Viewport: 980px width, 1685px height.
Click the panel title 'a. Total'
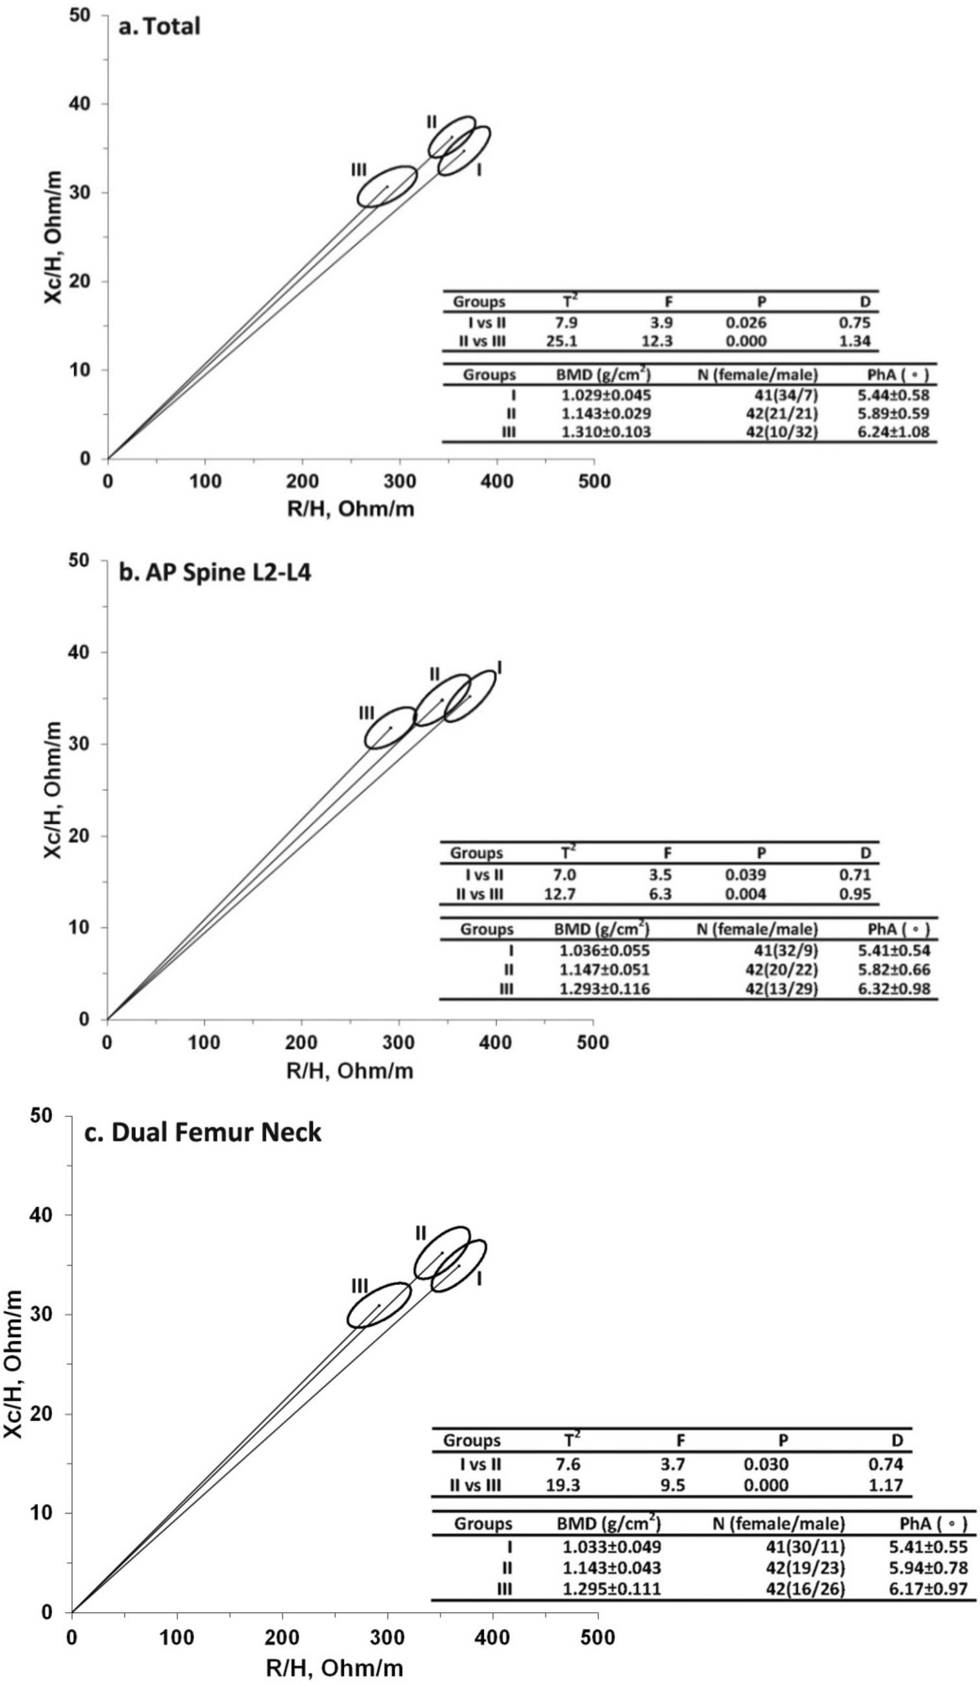(x=158, y=27)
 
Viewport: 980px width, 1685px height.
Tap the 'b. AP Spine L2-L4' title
(x=214, y=574)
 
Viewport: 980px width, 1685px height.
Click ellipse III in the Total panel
(x=387, y=187)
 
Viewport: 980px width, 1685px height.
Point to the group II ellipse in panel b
(x=443, y=699)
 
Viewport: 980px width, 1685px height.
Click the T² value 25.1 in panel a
(x=561, y=341)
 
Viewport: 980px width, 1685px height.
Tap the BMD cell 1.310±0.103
(x=604, y=431)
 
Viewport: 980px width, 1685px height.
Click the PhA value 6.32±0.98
(x=898, y=988)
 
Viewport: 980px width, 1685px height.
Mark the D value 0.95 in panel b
(x=856, y=894)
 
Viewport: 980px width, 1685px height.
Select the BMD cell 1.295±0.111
(x=609, y=1589)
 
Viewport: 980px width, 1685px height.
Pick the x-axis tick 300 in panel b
(x=398, y=1042)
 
